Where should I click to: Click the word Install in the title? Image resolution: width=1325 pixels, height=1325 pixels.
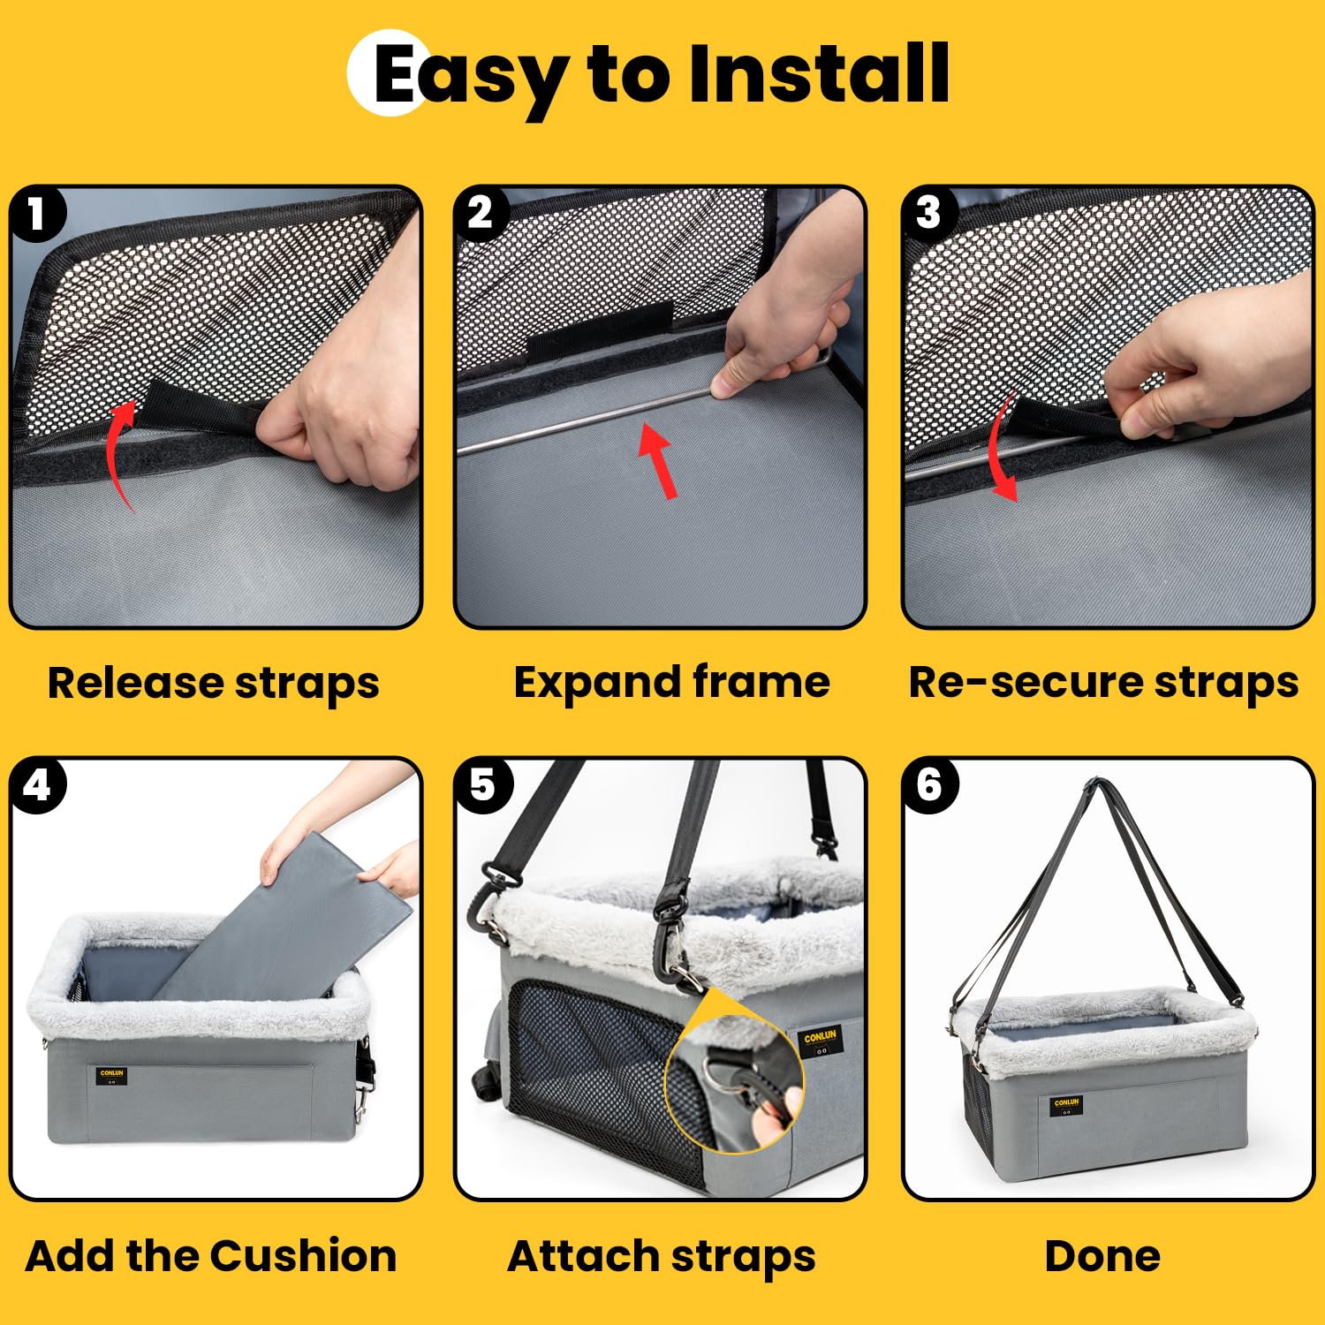(x=818, y=74)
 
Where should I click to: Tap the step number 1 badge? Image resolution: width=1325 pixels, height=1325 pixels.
(x=37, y=214)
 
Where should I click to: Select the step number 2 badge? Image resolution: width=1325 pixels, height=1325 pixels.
(x=481, y=214)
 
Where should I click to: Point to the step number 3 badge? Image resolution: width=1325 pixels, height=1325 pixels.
(x=928, y=214)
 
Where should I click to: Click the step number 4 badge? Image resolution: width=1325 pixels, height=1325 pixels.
(x=37, y=785)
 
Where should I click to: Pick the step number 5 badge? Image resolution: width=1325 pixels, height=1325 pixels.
(x=482, y=785)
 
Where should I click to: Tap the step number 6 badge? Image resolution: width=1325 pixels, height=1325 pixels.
(x=929, y=785)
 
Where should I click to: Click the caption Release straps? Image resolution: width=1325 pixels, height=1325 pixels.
(x=213, y=684)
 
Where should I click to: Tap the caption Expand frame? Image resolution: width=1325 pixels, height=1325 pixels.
(x=671, y=683)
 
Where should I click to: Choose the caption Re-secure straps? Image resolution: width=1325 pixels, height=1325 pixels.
(x=1103, y=683)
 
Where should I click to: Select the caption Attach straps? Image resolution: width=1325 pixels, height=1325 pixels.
(x=661, y=1256)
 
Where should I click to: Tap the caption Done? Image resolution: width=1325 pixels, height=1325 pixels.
(x=1102, y=1255)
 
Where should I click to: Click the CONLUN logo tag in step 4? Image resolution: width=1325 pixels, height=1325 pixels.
(x=112, y=1075)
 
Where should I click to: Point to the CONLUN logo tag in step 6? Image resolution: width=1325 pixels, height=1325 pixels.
(x=1066, y=1105)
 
